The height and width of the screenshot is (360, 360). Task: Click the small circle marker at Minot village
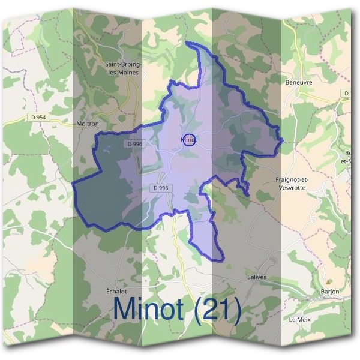(188, 140)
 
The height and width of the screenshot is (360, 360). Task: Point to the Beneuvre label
(299, 82)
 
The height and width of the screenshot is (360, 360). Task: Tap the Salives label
(256, 277)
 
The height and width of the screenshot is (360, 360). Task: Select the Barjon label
(329, 292)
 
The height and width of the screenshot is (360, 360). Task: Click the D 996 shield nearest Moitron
(135, 144)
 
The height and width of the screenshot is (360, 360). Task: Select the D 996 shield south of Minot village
(161, 188)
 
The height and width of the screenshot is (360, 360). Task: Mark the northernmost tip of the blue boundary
(187, 43)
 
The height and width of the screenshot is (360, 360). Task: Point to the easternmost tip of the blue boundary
(283, 140)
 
